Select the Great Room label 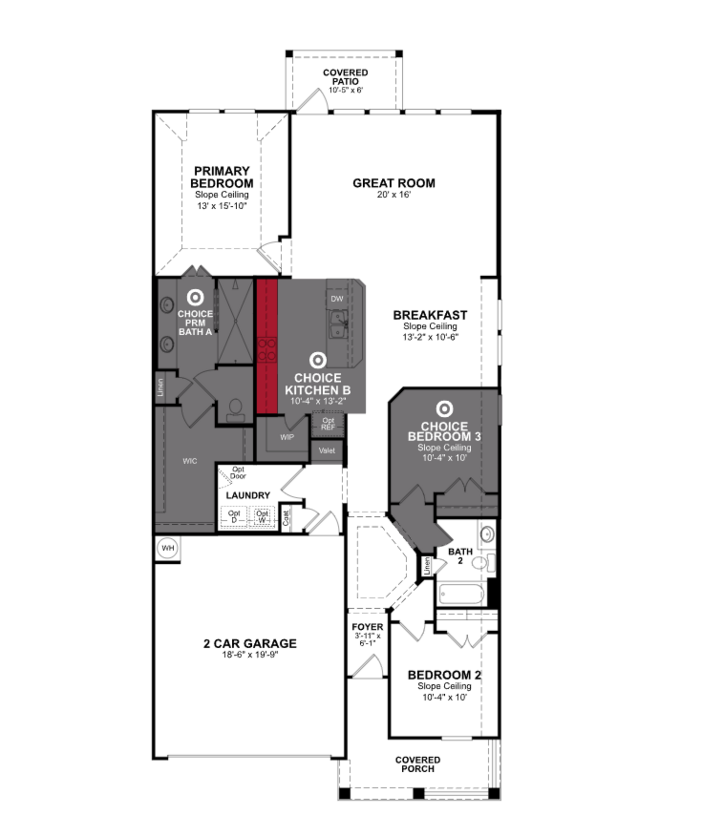(394, 183)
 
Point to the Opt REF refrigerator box (328, 424)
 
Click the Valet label (327, 451)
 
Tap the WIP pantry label (287, 437)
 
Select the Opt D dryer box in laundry (234, 517)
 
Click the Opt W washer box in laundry (262, 517)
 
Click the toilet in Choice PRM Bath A (235, 408)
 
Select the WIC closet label (190, 461)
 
